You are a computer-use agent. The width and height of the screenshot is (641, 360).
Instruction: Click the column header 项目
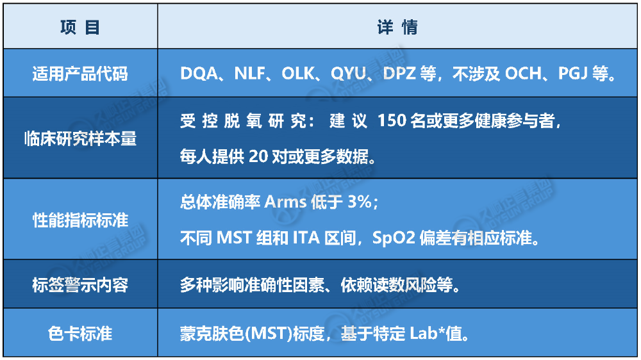pyautogui.click(x=80, y=28)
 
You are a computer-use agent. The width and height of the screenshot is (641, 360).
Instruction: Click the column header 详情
pyautogui.click(x=397, y=28)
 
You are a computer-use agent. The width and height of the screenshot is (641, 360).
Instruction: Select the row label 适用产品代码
pyautogui.click(x=80, y=74)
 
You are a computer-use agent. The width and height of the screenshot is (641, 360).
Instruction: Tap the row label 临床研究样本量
pyautogui.click(x=80, y=138)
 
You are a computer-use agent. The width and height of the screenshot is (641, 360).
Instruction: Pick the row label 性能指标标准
pyautogui.click(x=80, y=220)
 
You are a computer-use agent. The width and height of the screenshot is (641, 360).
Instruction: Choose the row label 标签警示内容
pyautogui.click(x=80, y=285)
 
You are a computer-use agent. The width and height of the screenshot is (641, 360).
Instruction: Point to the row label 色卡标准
pyautogui.click(x=80, y=334)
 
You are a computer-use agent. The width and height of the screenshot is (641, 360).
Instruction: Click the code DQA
pyautogui.click(x=199, y=74)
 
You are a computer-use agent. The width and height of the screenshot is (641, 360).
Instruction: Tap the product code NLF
pyautogui.click(x=249, y=74)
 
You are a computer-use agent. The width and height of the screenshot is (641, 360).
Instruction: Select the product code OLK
pyautogui.click(x=298, y=74)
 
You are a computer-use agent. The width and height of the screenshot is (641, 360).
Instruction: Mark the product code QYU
pyautogui.click(x=348, y=74)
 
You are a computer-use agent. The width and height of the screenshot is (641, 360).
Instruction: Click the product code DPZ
pyautogui.click(x=399, y=74)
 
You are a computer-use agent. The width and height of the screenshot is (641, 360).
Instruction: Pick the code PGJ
pyautogui.click(x=572, y=74)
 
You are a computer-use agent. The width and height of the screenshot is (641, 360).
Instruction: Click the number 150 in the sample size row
pyautogui.click(x=392, y=120)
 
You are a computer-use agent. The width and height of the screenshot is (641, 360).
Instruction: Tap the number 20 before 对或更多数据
pyautogui.click(x=258, y=156)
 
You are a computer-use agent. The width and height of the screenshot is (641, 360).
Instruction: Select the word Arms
pyautogui.click(x=285, y=202)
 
